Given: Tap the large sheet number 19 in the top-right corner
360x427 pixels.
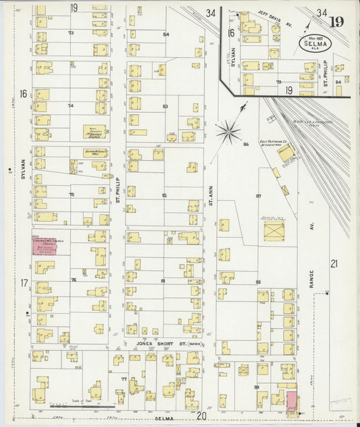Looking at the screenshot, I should coord(336,21).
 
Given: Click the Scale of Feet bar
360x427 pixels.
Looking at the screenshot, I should coord(91,406).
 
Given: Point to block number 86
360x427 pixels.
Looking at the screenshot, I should coord(246,144).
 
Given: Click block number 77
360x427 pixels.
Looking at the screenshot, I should coord(124,379).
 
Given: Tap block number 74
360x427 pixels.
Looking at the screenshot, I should coord(70,105).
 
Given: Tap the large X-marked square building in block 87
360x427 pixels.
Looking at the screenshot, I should coord(274,230).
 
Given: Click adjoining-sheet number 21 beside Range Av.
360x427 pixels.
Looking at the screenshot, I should coord(333,263).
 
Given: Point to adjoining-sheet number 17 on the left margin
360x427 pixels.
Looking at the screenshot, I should coord(24,282).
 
